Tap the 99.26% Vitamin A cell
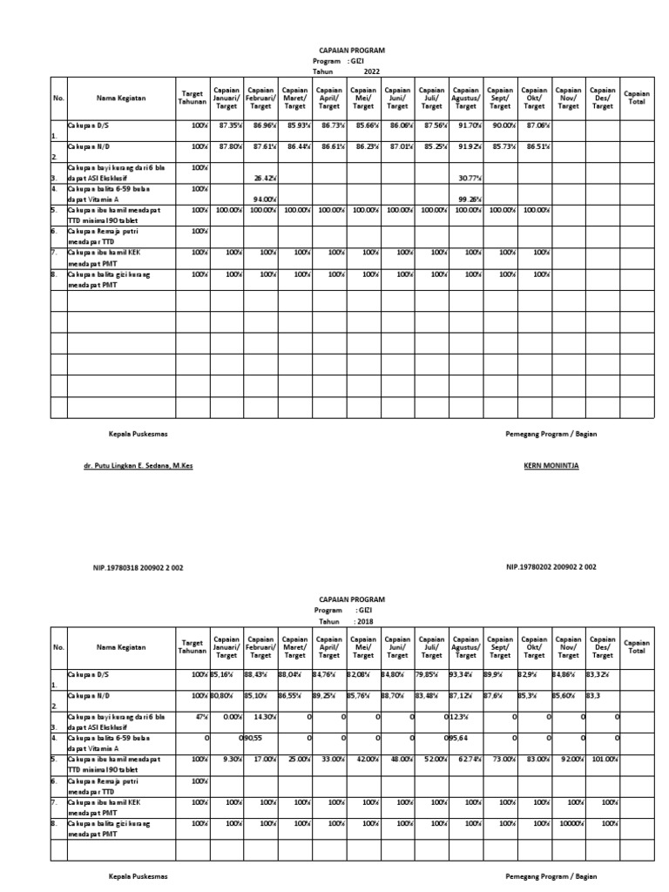pos(470,199)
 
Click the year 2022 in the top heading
pos(372,71)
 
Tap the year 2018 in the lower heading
pos(369,622)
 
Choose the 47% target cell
pos(200,717)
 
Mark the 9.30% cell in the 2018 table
pos(232,760)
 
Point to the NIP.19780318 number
pos(138,568)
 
